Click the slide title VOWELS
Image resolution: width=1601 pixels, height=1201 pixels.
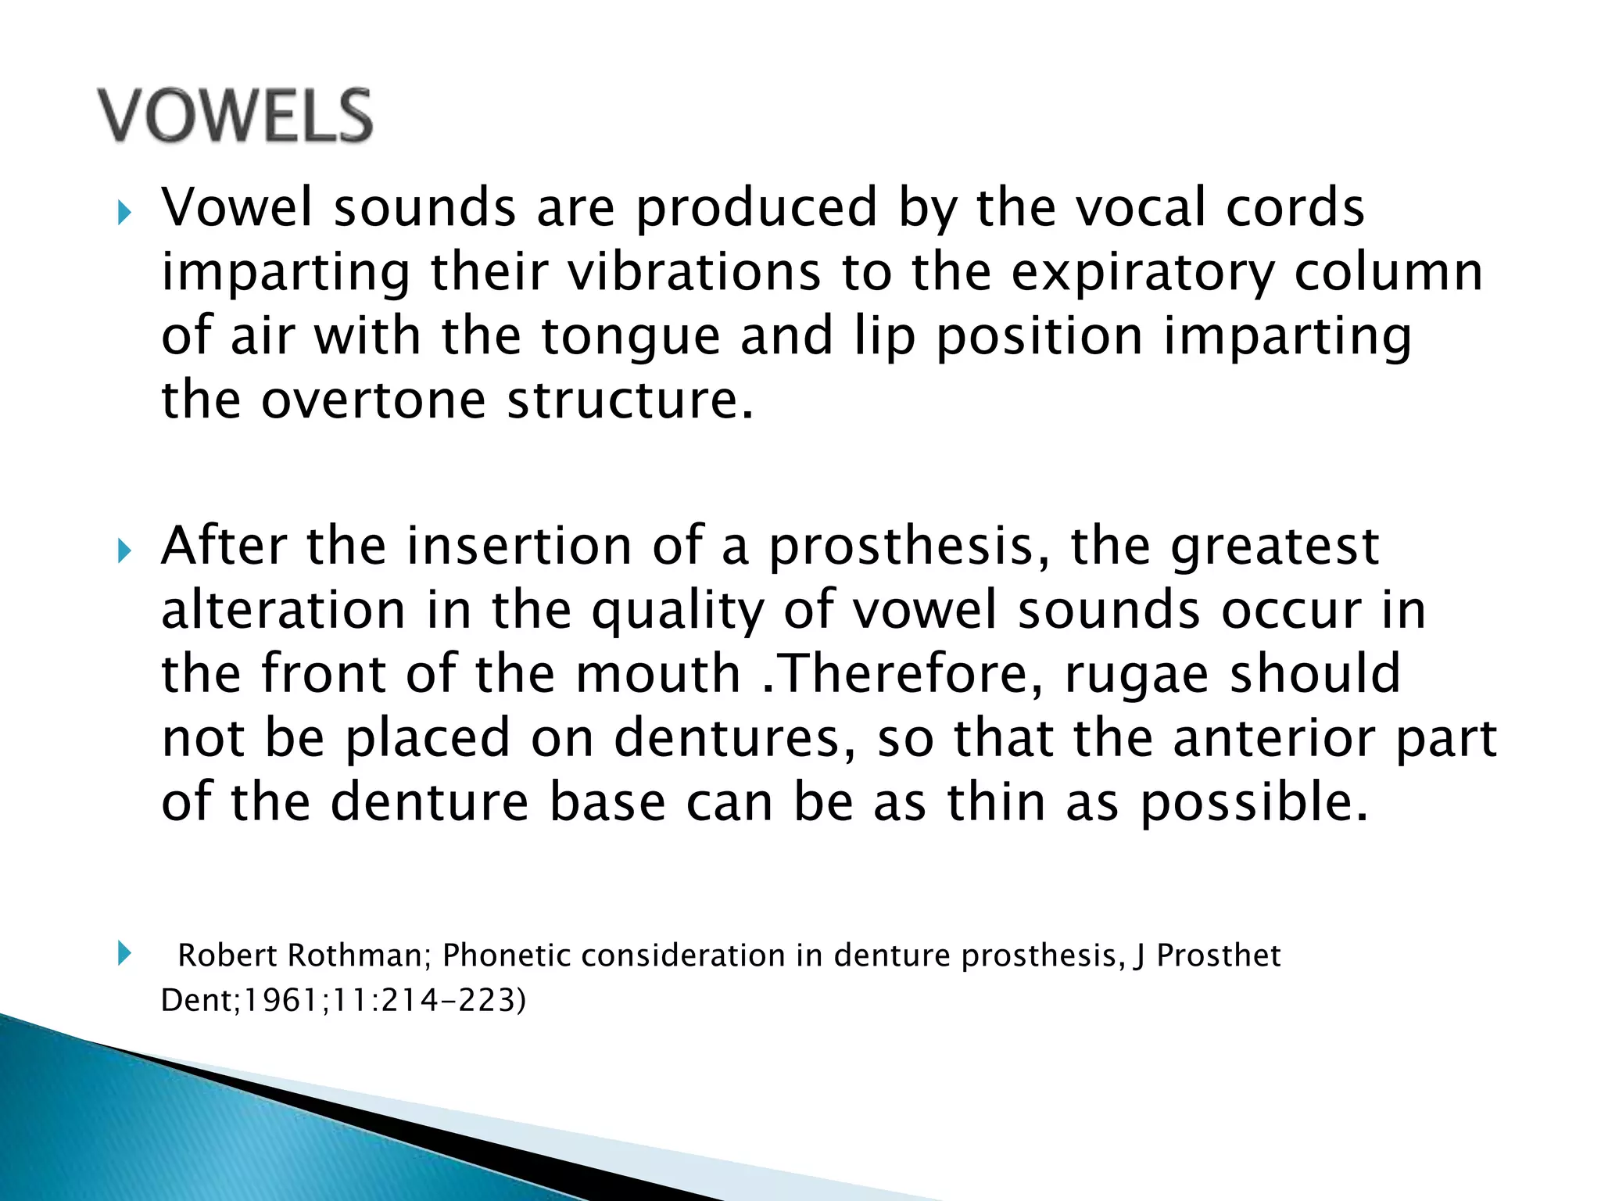235,116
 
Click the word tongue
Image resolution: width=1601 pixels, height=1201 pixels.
630,338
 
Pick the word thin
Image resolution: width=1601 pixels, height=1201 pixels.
996,802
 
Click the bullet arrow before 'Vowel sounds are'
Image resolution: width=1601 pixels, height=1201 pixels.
124,212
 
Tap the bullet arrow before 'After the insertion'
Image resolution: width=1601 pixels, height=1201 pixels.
124,550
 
